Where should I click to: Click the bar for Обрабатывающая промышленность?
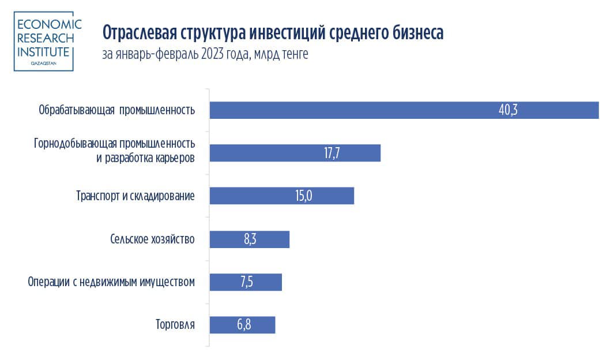pyautogui.click(x=404, y=110)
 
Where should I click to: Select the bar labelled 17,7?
pyautogui.click(x=295, y=153)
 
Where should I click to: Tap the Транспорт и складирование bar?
pyautogui.click(x=281, y=196)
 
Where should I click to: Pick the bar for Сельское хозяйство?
pyautogui.click(x=249, y=239)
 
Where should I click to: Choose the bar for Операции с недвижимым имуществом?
pyautogui.click(x=246, y=282)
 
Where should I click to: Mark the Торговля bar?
pyautogui.click(x=242, y=325)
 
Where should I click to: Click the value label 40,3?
pyautogui.click(x=509, y=110)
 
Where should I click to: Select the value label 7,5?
pyautogui.click(x=246, y=282)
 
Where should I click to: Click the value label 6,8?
pyautogui.click(x=244, y=325)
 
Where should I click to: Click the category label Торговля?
pyautogui.click(x=175, y=325)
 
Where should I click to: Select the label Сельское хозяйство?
pyautogui.click(x=152, y=239)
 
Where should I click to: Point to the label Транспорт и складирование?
pyautogui.click(x=135, y=196)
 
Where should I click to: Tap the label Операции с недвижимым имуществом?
pyautogui.click(x=111, y=282)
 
